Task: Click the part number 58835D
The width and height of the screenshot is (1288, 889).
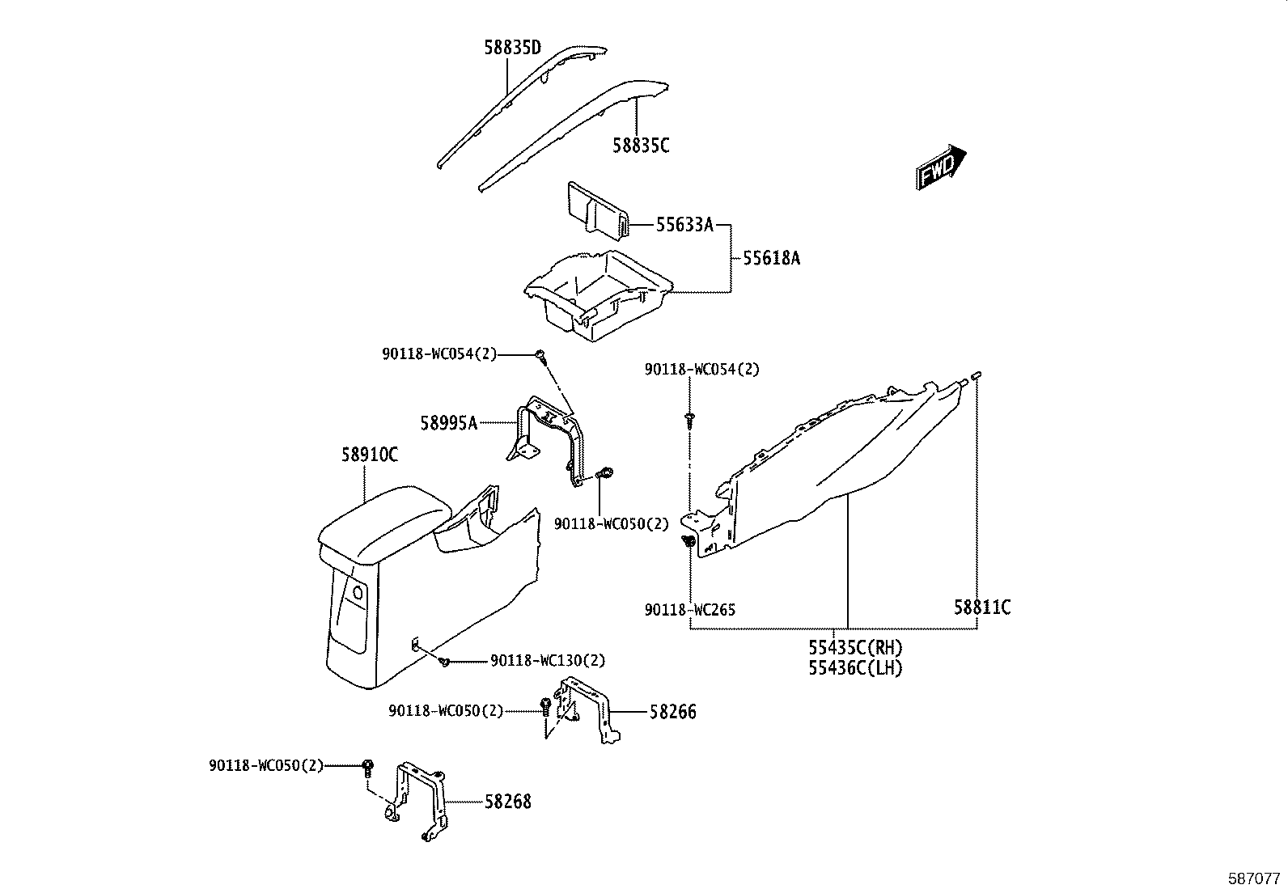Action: coord(512,49)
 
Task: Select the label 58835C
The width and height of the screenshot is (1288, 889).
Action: coord(641,146)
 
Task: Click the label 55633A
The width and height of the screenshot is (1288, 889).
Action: coord(684,225)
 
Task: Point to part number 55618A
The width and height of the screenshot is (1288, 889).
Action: coord(771,259)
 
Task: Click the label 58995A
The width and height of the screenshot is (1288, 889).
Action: coord(449,422)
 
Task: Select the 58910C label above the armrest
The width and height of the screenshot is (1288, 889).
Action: coord(369,455)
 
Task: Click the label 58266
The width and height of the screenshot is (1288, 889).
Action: coord(672,713)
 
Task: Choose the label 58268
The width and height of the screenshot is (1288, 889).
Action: coord(508,802)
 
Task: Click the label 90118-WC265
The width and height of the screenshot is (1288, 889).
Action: coord(690,610)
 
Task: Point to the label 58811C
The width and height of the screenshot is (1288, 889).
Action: coord(982,607)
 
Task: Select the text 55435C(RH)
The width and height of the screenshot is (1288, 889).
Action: coord(855,648)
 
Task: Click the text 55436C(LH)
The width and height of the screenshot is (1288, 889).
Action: coord(855,668)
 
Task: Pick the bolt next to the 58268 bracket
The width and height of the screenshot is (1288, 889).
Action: coord(367,766)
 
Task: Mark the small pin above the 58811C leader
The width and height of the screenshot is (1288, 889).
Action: coord(977,374)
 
